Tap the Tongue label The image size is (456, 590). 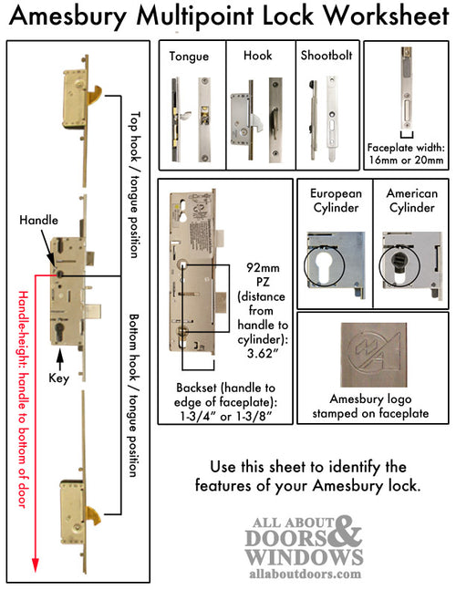pyautogui.click(x=189, y=56)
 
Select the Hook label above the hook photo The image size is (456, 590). pyautogui.click(x=259, y=56)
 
